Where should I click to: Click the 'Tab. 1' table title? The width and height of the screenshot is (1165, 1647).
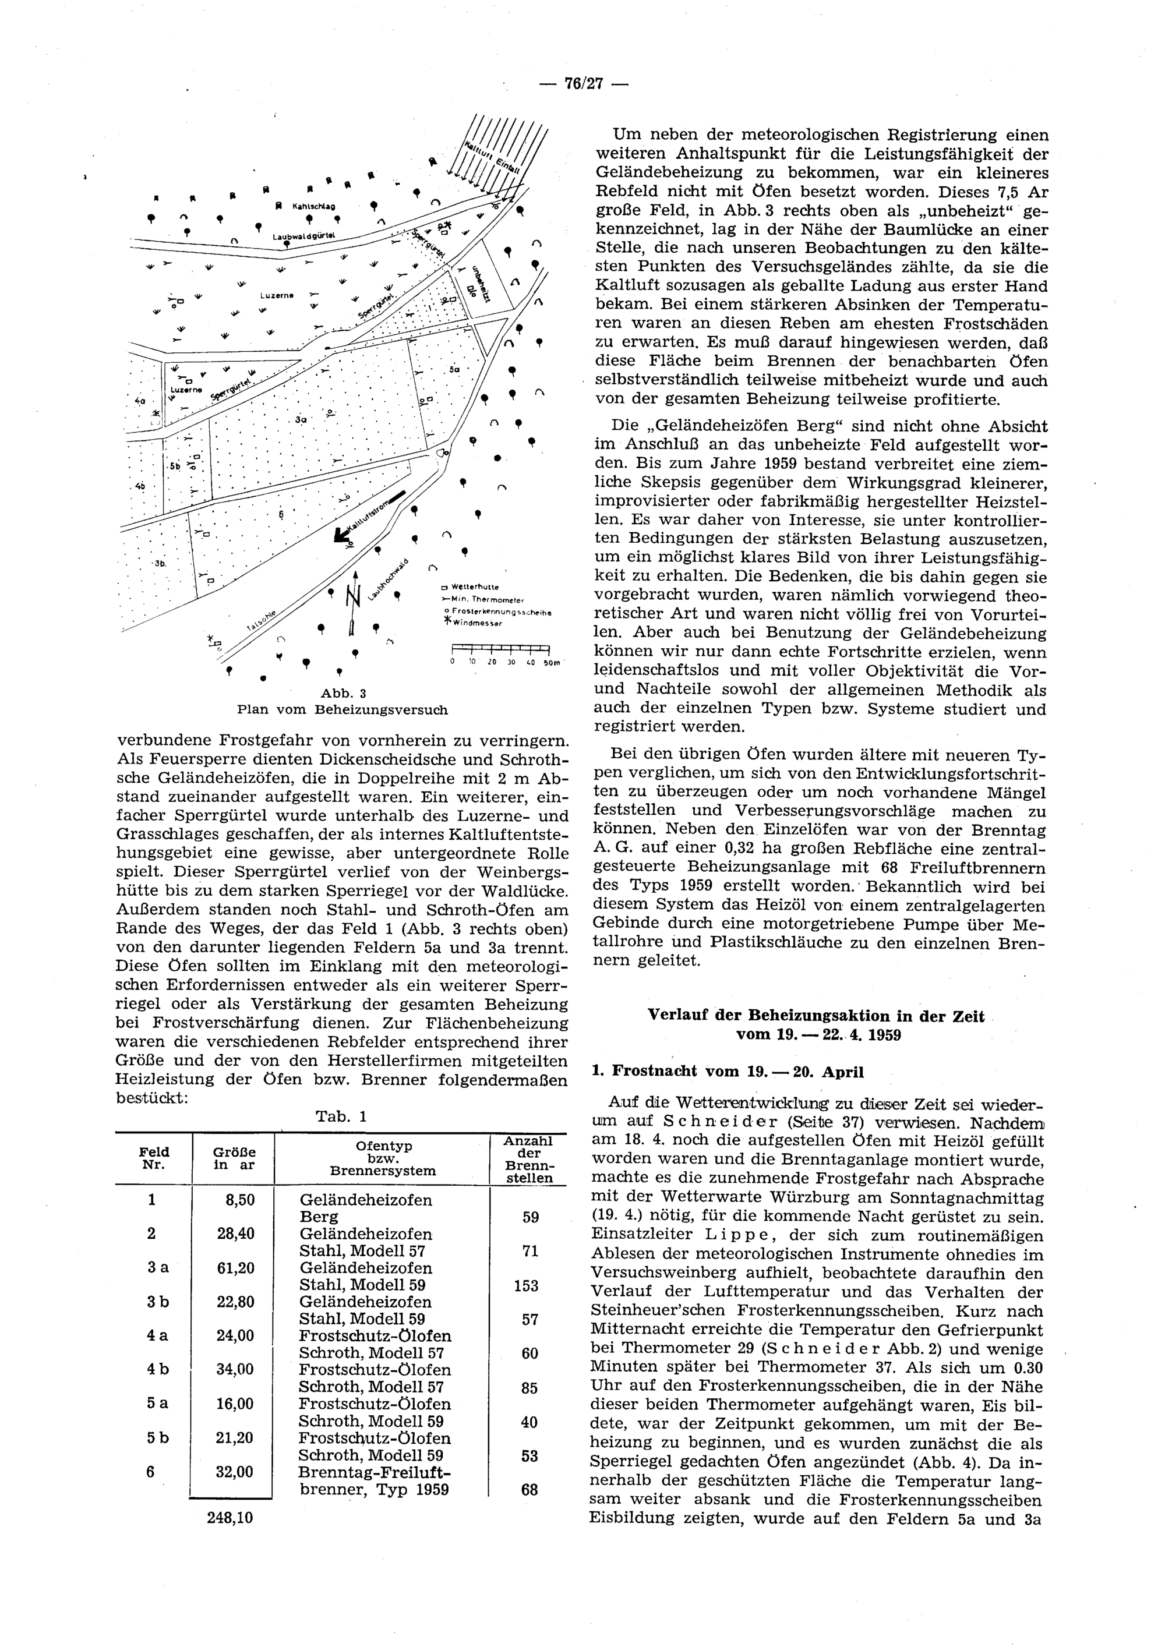[341, 1117]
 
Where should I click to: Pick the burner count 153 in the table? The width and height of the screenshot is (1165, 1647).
[526, 1285]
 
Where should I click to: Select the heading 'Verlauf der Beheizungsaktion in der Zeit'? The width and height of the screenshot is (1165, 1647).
[815, 1016]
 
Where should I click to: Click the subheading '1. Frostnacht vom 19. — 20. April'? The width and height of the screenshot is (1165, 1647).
[728, 1072]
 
